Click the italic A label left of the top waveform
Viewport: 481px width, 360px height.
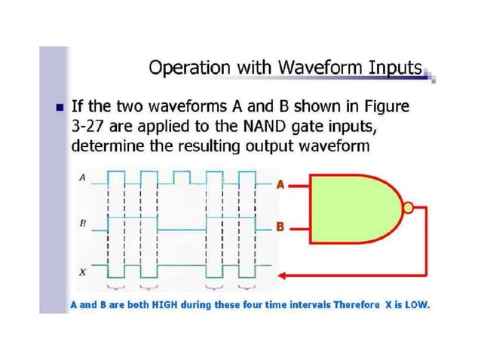coord(82,178)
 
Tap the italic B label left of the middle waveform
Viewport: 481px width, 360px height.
coord(82,224)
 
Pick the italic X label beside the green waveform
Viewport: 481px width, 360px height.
coord(82,272)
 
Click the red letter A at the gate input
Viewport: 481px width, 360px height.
coord(280,185)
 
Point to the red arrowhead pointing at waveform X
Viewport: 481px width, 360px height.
coord(284,273)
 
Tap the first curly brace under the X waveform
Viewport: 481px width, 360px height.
coord(117,287)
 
